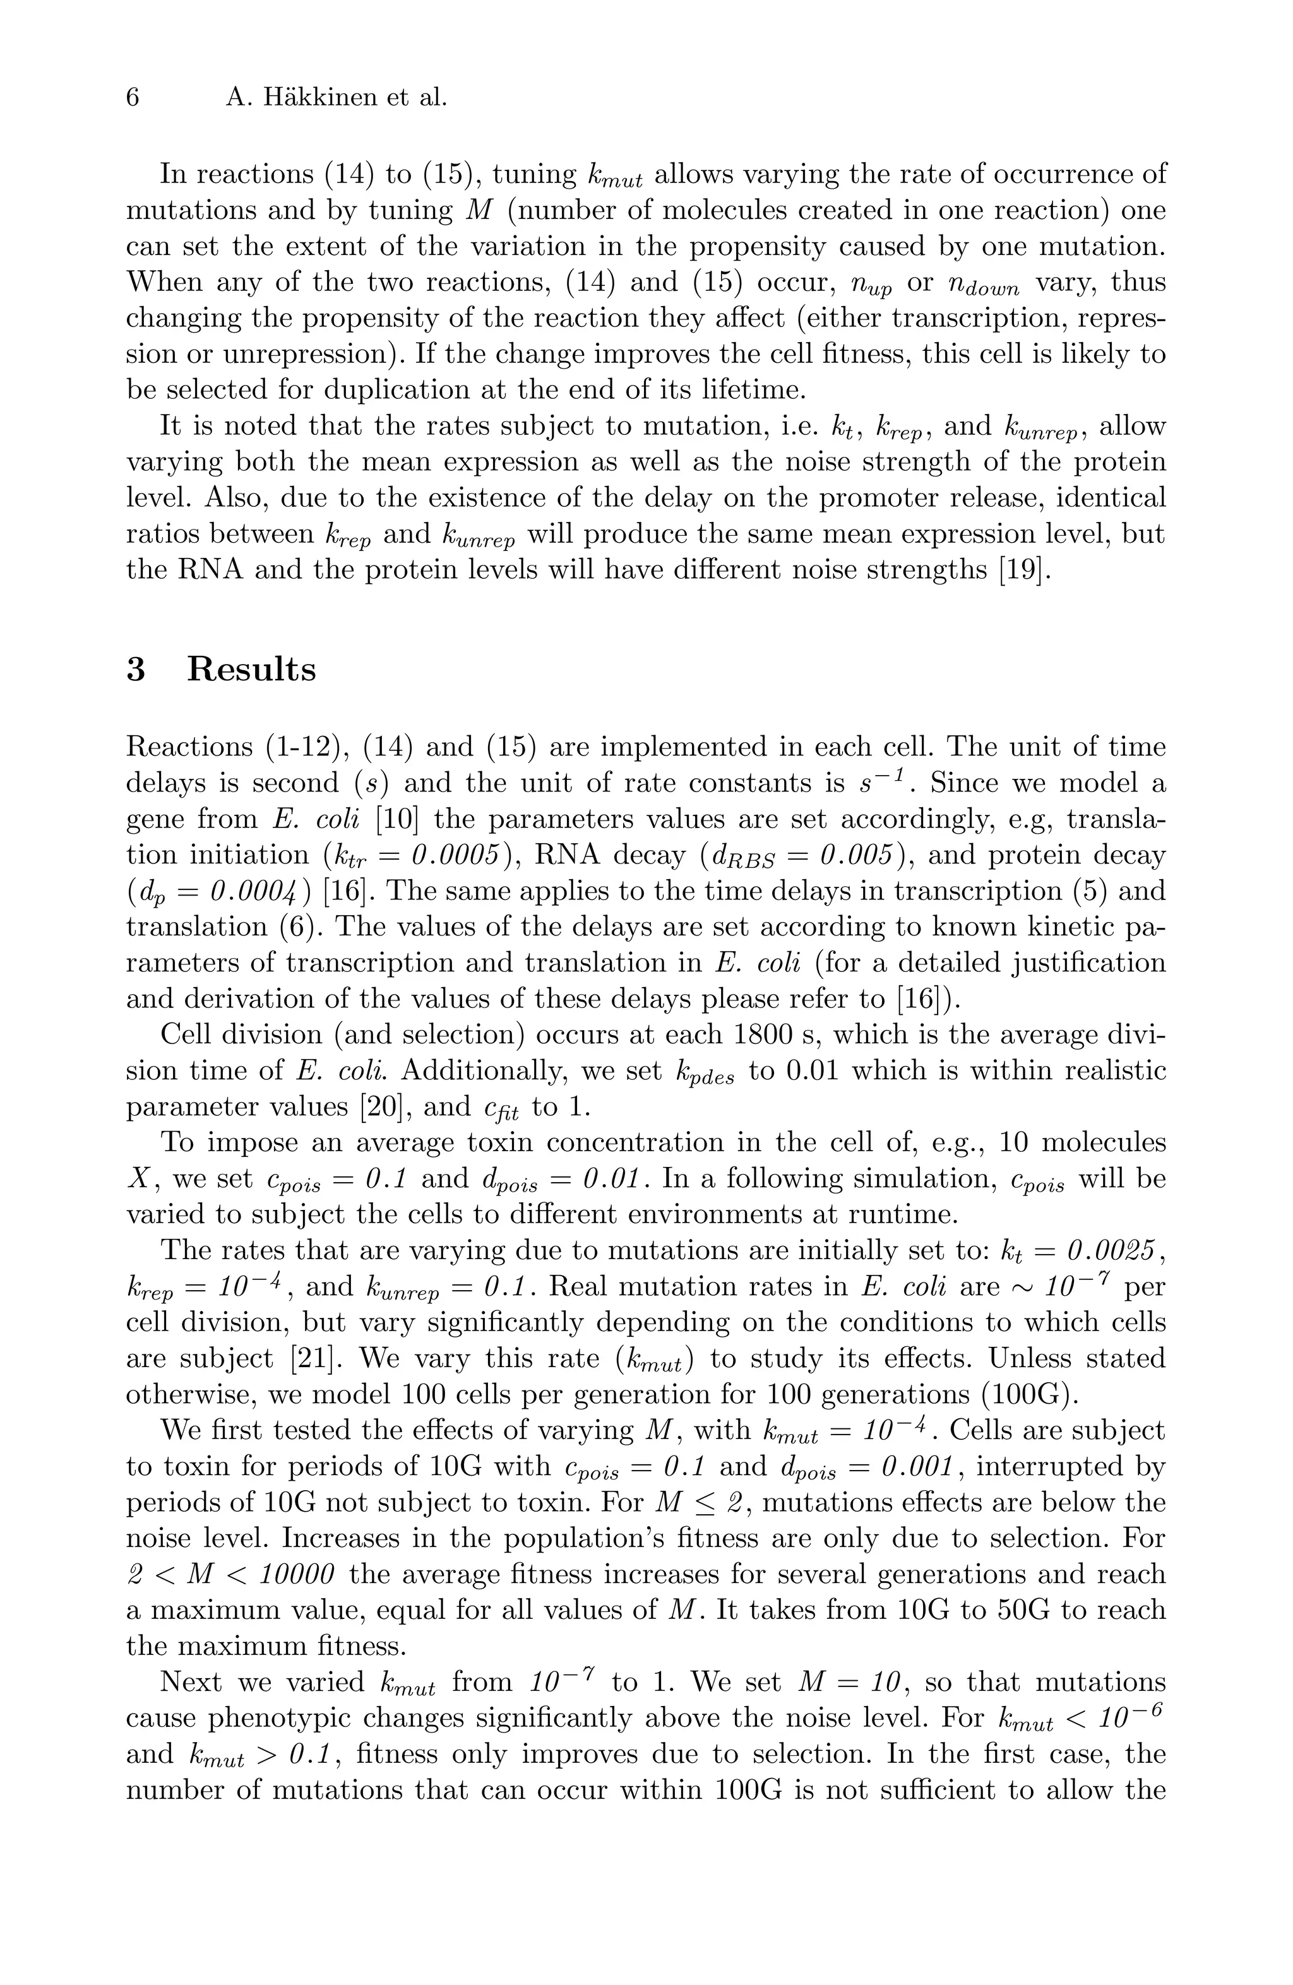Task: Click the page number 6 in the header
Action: click(133, 98)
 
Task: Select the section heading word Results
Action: click(251, 670)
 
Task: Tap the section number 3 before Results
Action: click(136, 670)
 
